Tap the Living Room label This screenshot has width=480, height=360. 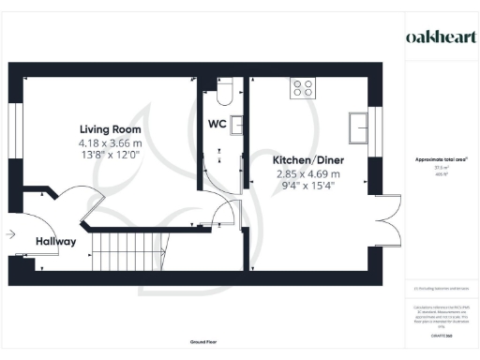[110, 128]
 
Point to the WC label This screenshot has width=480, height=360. [216, 124]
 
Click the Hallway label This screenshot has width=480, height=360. [55, 242]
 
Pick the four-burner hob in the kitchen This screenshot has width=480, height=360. [304, 89]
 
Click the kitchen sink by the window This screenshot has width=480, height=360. [358, 125]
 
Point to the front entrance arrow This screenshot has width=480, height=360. [10, 233]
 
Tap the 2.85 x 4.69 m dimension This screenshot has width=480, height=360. [308, 174]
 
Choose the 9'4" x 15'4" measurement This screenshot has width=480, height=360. [308, 187]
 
